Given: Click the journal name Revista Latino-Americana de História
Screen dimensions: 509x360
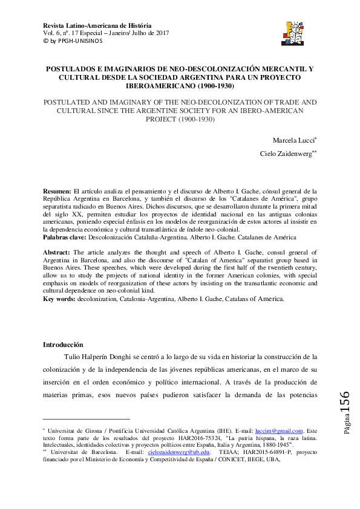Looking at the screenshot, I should coord(97,25).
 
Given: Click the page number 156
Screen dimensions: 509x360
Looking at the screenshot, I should coord(345,403).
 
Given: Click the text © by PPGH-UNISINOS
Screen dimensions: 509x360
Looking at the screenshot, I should coord(73,41).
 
